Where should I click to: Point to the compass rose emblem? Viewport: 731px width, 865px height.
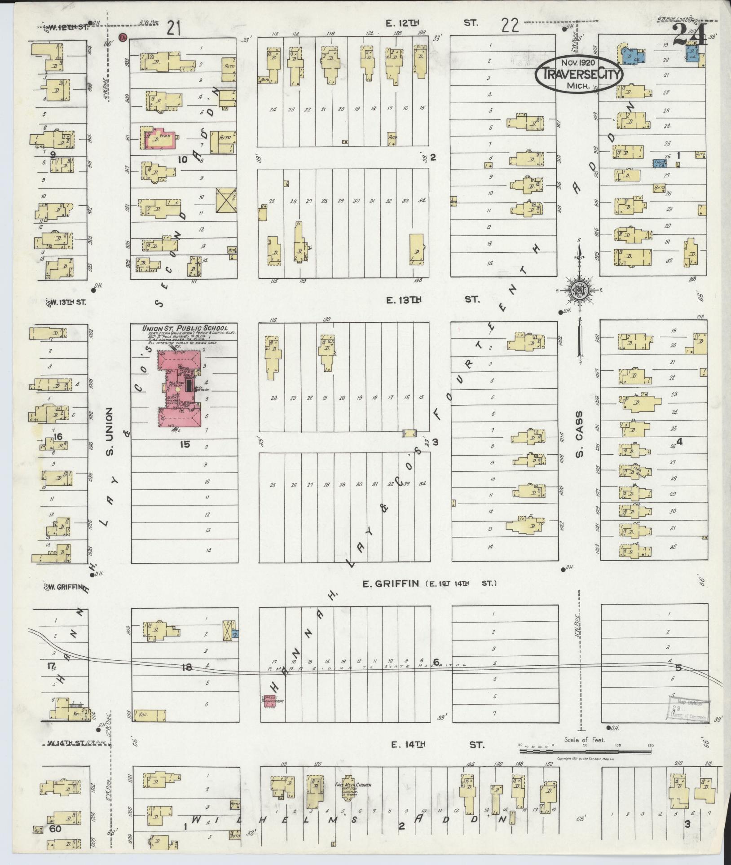click(x=579, y=290)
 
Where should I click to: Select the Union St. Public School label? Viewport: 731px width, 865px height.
click(x=185, y=329)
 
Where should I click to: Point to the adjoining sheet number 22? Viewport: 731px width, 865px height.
click(x=511, y=26)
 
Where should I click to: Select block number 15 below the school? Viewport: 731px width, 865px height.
click(x=185, y=444)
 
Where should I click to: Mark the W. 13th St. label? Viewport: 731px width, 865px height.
click(x=67, y=302)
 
